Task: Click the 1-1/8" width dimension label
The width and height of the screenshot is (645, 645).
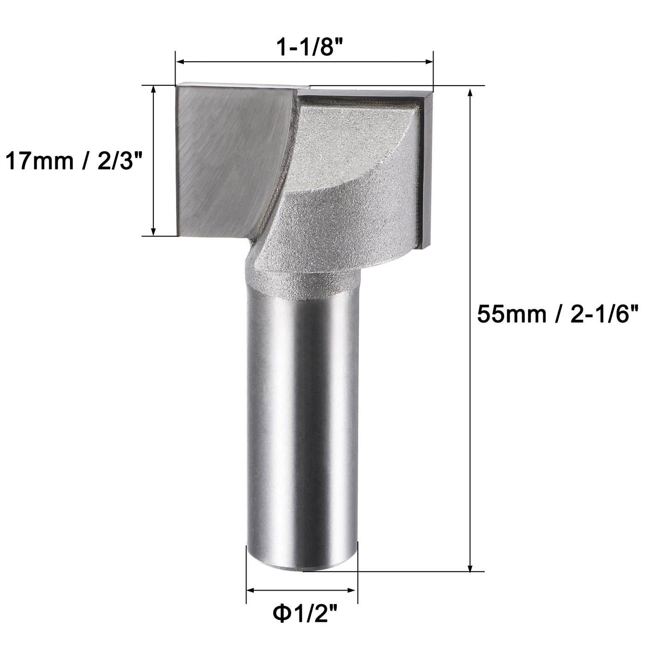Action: pos(304,47)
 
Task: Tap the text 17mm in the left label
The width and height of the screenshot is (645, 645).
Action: pos(39,162)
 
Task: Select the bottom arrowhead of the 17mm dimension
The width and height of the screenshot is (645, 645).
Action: pos(154,231)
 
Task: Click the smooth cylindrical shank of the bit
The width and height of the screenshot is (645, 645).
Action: pos(302,415)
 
